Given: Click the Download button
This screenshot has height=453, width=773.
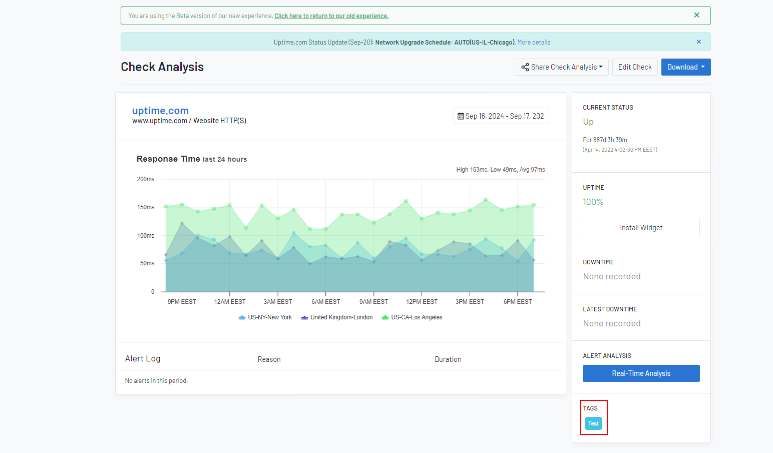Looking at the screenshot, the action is pos(686,67).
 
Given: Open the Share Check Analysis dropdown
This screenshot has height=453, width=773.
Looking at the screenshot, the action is pos(561,67).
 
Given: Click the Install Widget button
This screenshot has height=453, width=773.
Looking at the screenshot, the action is pos(641,228).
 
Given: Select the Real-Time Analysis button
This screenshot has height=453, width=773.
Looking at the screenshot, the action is pos(641,373).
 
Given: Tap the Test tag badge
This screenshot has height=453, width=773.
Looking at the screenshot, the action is pos(593,423).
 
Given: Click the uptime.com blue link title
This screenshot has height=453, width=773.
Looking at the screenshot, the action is pos(161,111).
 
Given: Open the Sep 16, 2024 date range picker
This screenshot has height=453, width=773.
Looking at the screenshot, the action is pos(501,116).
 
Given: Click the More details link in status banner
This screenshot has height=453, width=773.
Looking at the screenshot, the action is pos(534,42).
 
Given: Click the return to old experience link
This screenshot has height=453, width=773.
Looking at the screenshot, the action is pos(331,16).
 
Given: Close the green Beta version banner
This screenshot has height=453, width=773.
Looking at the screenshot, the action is pos(697,15).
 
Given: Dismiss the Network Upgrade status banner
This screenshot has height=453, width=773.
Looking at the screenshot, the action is pos(699,42).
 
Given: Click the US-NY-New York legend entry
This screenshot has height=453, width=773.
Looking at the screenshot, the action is pos(265,317).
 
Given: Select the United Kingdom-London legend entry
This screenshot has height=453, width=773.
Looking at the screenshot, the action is pos(337,317).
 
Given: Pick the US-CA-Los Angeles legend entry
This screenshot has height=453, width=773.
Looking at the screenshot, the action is pos(412,317).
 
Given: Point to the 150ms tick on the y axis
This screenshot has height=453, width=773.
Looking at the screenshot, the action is pos(146,207).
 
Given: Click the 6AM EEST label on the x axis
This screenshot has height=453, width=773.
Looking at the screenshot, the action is pos(326,302).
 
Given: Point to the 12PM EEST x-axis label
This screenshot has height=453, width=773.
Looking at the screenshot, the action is pos(422,302).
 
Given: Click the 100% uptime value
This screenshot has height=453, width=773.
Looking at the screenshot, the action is pos(593,202).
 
